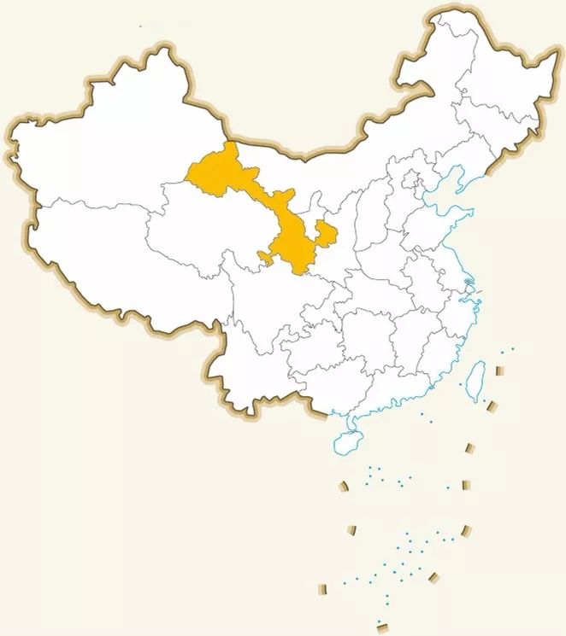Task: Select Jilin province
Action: pyautogui.click(x=492, y=137)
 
